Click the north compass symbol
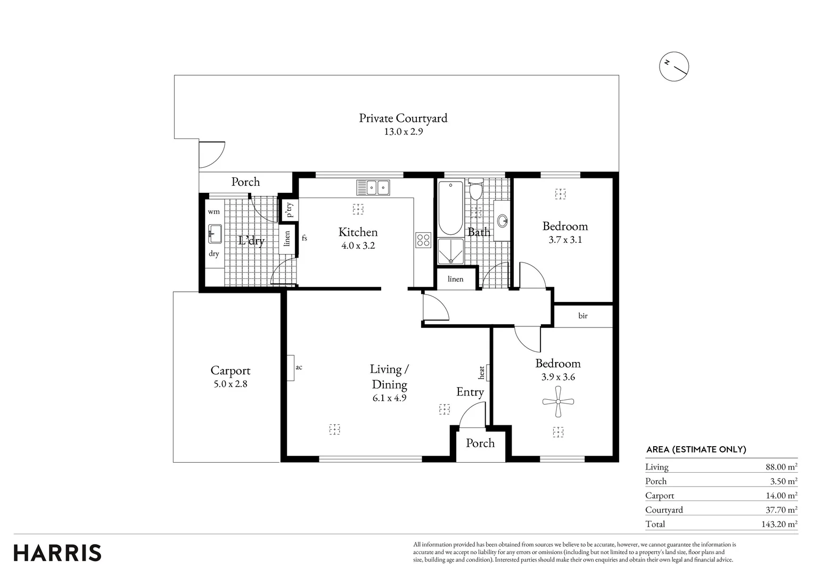tap(674, 67)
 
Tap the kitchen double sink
tap(373, 187)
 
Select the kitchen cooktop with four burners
tap(423, 240)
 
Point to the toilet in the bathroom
tap(476, 188)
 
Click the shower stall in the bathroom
tap(451, 251)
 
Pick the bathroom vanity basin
tap(503, 220)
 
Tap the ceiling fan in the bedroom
tap(558, 401)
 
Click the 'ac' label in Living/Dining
tap(299, 367)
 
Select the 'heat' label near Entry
tap(481, 373)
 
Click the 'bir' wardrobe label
tap(583, 316)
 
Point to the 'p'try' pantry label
tap(290, 209)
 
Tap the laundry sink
tap(215, 234)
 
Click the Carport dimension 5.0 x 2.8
tap(231, 384)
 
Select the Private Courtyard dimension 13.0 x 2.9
tap(404, 132)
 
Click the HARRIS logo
tap(57, 553)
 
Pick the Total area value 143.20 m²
tap(779, 524)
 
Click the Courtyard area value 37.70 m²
tap(782, 510)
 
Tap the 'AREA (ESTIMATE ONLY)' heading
tap(696, 449)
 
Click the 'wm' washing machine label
tap(213, 211)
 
